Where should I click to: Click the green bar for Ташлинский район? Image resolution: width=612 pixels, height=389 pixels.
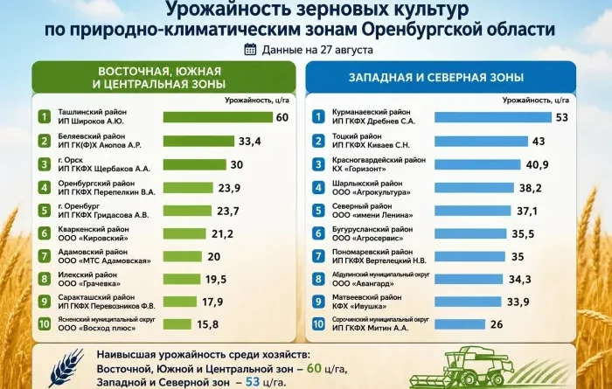click(x=218, y=117)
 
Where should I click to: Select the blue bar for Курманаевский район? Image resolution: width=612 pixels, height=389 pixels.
click(x=493, y=117)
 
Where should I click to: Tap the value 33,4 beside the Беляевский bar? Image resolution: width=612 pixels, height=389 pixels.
click(x=250, y=141)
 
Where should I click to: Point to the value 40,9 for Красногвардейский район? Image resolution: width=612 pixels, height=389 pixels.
click(x=537, y=164)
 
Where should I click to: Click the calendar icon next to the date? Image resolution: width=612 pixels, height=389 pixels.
click(x=250, y=50)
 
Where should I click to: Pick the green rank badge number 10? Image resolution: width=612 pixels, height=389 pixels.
click(x=45, y=324)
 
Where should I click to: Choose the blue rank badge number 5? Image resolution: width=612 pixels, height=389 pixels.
click(x=318, y=211)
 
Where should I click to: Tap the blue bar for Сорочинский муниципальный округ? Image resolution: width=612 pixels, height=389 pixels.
click(x=460, y=324)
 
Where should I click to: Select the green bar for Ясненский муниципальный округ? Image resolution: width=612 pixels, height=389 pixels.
click(x=177, y=324)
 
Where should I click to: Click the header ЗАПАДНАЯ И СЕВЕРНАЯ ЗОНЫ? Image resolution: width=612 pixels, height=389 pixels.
click(x=436, y=77)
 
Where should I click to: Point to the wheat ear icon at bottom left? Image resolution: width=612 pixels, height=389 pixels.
click(x=66, y=367)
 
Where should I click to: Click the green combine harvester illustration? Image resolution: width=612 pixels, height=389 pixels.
click(x=462, y=368)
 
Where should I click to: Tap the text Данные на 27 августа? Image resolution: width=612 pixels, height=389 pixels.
click(x=317, y=50)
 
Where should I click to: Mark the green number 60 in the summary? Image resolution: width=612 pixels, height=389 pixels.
click(x=314, y=368)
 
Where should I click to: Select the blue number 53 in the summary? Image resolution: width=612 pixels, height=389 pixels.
click(x=253, y=381)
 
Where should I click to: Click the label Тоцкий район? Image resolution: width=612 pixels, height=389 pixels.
click(x=357, y=136)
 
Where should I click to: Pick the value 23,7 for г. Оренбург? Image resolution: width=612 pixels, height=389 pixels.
click(x=228, y=211)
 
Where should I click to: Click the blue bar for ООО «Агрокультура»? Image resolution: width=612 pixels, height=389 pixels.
click(x=474, y=188)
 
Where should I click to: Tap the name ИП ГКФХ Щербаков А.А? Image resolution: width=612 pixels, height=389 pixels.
click(x=104, y=169)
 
